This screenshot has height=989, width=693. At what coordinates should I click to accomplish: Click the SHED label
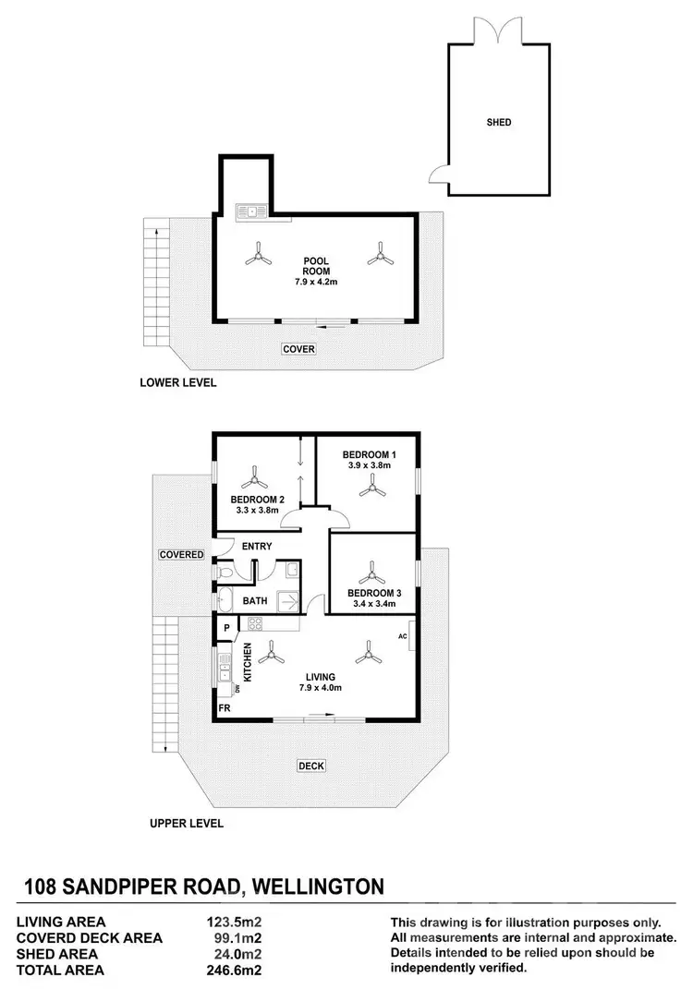click(498, 122)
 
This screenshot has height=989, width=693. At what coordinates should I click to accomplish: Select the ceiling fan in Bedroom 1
click(373, 489)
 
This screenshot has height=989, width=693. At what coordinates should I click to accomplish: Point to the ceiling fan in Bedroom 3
click(372, 571)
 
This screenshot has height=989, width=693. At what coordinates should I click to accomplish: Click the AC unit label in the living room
click(403, 636)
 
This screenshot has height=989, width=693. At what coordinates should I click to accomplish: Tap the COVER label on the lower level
click(299, 349)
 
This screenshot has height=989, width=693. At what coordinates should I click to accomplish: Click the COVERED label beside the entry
click(181, 554)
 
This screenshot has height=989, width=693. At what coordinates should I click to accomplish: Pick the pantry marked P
click(225, 629)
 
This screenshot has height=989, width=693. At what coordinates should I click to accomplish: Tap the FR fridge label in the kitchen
click(224, 708)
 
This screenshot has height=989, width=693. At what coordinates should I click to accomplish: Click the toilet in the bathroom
click(225, 573)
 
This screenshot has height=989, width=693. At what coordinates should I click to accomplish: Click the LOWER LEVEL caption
click(177, 382)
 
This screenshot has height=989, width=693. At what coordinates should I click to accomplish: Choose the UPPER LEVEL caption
click(186, 823)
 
